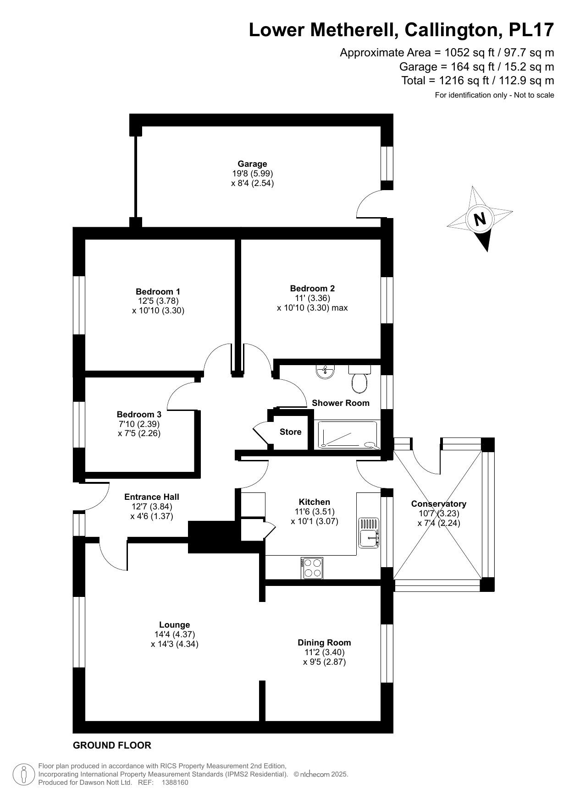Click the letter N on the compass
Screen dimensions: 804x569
[480, 219]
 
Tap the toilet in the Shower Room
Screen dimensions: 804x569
[359, 382]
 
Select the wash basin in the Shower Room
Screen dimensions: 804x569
[326, 371]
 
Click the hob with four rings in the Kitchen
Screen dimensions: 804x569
[312, 568]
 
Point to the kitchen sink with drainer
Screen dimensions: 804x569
[369, 532]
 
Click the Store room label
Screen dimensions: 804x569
[290, 432]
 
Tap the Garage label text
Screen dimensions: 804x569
[252, 164]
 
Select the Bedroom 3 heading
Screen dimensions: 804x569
[139, 414]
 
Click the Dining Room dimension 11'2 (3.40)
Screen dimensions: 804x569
[324, 652]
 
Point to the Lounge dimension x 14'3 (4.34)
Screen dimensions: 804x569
[175, 644]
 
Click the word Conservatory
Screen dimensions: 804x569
[438, 503]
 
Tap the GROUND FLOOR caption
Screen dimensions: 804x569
[112, 745]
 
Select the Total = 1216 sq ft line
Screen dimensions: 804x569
[477, 81]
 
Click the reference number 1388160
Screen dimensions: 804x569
[175, 782]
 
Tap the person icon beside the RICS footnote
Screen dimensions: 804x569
[24, 775]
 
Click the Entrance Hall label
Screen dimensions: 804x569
[152, 497]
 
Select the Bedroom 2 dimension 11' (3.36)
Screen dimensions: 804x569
[312, 298]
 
